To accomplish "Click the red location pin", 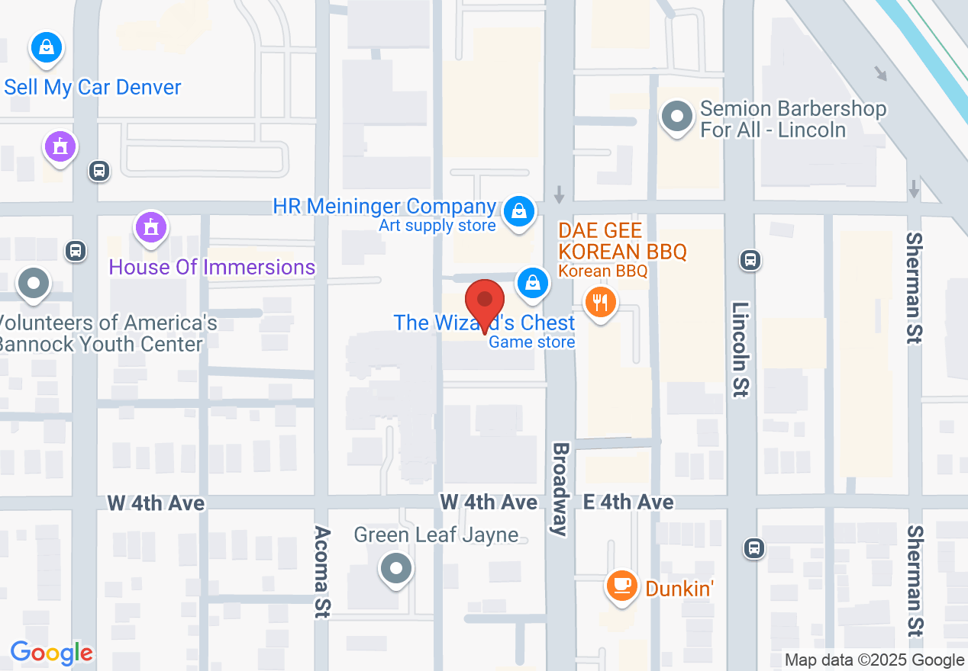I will tap(485, 302).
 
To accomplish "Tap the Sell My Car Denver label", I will tap(92, 87).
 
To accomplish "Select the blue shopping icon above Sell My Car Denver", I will tap(47, 47).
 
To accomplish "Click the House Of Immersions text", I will tap(211, 267).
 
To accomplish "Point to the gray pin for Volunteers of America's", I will tap(33, 283).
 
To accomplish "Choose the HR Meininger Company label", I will tap(384, 206).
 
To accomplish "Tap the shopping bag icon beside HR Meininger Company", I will tap(518, 208).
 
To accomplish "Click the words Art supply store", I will tap(437, 226).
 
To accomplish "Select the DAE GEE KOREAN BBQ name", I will tap(622, 241).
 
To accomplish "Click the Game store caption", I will tap(531, 342).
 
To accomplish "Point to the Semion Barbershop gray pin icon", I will tap(676, 117).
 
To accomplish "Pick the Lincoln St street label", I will tap(741, 348).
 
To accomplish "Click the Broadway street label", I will tap(561, 489).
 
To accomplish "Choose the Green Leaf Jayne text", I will tap(436, 535).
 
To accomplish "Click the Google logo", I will tap(51, 653).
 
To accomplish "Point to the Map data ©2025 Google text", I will tap(874, 660).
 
